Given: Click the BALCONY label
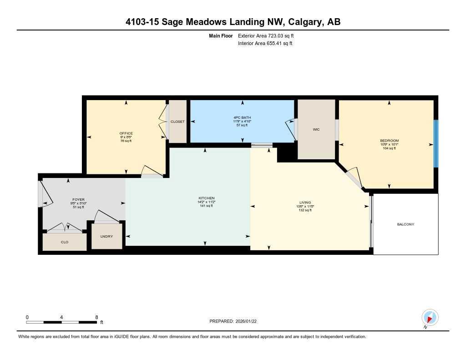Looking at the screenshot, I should point(405,224).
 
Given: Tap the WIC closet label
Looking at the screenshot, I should point(316,130).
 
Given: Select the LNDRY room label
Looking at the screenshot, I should point(107,236).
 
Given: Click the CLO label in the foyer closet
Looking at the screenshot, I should point(65,242).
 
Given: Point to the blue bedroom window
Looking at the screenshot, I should point(436,143).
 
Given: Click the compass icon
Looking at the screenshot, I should point(430,317).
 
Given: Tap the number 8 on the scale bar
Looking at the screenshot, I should point(97,317).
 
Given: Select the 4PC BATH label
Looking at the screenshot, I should point(242,117).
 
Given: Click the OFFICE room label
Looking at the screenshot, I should point(126,133).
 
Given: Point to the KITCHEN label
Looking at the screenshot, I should point(206,198).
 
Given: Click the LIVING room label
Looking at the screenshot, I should point(305,202).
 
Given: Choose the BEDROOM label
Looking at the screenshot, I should point(389,141).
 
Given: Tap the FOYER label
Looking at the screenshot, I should point(78,199).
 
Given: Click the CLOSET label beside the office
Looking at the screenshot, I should point(177,122).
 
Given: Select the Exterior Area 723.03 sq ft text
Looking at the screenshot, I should point(269,35).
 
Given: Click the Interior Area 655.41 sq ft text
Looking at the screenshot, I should point(265,44).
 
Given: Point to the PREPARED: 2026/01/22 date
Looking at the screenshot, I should point(236,321).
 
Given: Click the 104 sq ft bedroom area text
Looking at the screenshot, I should point(389,148).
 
